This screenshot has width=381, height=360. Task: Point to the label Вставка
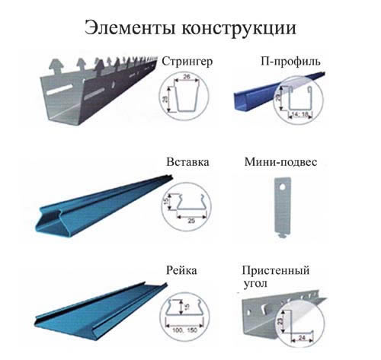coord(187,162)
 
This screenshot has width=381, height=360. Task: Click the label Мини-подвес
coord(283,162)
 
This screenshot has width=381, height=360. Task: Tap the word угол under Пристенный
coord(256,283)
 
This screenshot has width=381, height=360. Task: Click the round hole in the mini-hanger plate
coord(279,183)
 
